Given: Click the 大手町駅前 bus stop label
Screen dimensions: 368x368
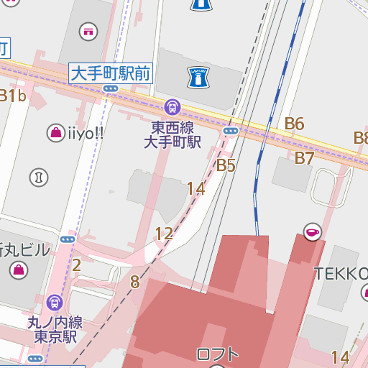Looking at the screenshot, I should [x=110, y=73].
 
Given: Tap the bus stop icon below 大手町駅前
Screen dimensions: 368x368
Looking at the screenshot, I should [x=110, y=88].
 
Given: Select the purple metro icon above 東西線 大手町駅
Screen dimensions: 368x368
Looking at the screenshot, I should [x=172, y=108].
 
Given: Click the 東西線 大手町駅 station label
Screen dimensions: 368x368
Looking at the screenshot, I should [x=172, y=134].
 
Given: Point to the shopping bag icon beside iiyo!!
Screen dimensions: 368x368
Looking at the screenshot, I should [x=55, y=132].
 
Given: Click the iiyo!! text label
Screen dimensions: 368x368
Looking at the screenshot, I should [x=86, y=132].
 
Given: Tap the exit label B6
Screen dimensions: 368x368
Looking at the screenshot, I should [x=294, y=124].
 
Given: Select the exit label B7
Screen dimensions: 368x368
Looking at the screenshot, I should [x=305, y=158].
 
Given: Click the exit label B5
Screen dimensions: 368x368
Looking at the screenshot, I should [x=226, y=165].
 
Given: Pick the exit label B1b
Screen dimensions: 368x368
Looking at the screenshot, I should [x=12, y=96].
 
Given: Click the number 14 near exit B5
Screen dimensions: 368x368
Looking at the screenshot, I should [x=195, y=189].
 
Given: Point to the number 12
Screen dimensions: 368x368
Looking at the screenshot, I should [x=164, y=234].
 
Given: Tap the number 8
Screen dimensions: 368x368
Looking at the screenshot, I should [x=134, y=282].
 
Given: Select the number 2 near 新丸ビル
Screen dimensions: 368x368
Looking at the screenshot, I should [x=77, y=265].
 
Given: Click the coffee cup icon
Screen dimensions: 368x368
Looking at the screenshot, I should [x=312, y=231].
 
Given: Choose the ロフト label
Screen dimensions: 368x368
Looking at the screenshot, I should [x=217, y=354].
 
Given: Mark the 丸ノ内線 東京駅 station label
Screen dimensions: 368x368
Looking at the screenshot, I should [x=55, y=328].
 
